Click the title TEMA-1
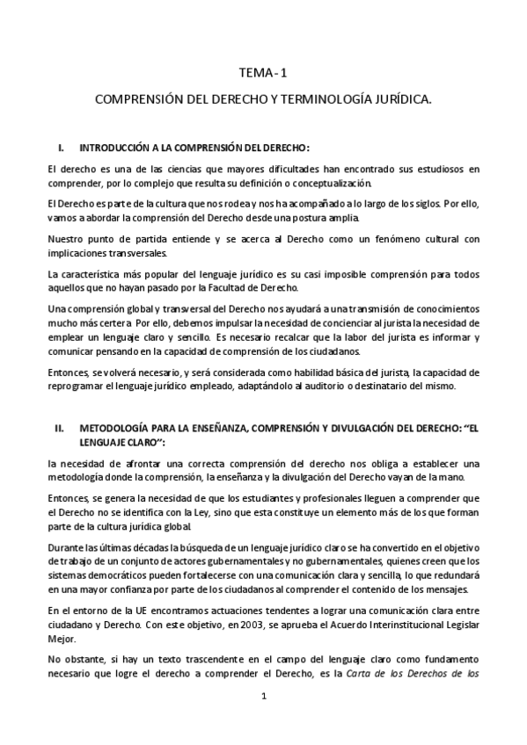(x=263, y=75)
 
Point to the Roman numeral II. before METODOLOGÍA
(x=61, y=429)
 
